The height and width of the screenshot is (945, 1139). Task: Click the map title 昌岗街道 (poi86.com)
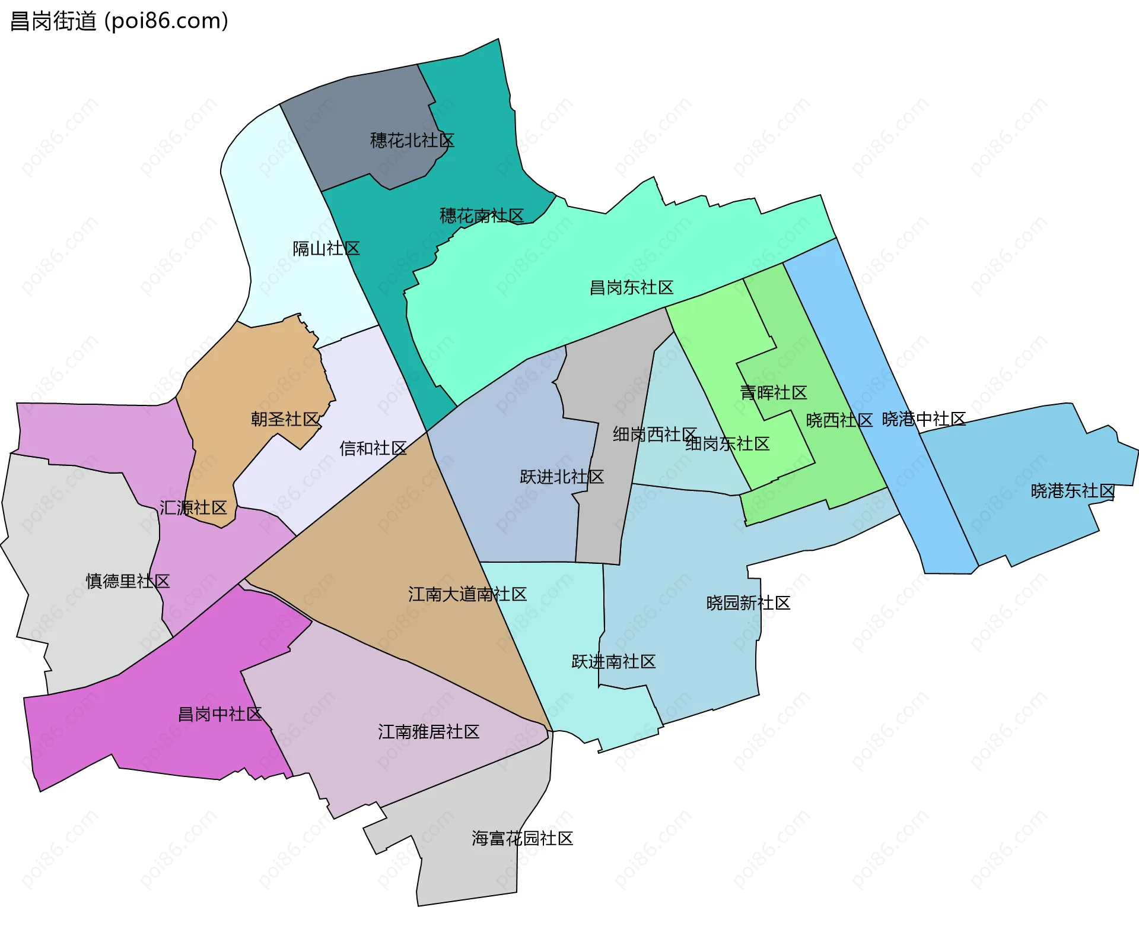point(119,21)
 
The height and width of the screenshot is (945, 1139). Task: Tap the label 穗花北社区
point(412,141)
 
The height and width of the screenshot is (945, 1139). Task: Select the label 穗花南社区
point(482,215)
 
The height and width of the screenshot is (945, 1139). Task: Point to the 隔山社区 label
point(326,249)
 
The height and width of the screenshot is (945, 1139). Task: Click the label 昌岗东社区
point(631,288)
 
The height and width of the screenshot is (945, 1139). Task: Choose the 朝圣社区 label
point(285,419)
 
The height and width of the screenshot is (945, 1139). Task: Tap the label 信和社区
point(373,448)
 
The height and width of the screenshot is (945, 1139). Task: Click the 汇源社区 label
point(193,508)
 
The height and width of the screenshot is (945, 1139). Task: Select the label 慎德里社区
point(128,581)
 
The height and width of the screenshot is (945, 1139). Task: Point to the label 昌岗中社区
point(220,714)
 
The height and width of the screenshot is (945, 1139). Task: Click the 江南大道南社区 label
point(467,594)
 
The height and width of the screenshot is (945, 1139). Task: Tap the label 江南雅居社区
point(428,732)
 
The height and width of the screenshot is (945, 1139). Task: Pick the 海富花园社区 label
point(522,838)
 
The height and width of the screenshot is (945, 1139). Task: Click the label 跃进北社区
point(562,477)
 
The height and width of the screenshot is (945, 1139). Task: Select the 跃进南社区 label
point(613,662)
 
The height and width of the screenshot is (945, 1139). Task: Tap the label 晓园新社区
point(748,603)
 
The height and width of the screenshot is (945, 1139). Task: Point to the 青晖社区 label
point(774,392)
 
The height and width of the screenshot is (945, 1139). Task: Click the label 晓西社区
point(839,420)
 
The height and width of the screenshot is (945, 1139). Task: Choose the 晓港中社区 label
point(924,419)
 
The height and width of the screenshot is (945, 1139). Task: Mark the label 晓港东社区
point(1073,491)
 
